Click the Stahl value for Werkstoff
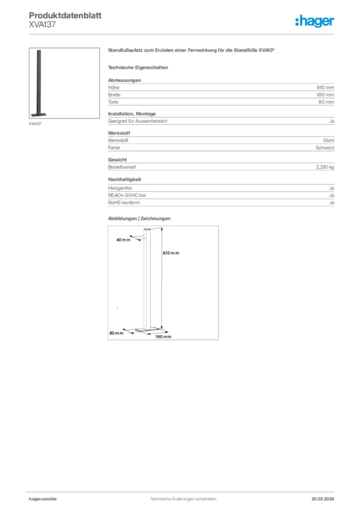pyautogui.click(x=329, y=140)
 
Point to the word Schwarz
pyautogui.click(x=325, y=148)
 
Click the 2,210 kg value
pyautogui.click(x=325, y=167)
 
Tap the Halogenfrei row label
pyautogui.click(x=120, y=188)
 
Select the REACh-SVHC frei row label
pyautogui.click(x=127, y=195)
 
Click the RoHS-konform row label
pyautogui.click(x=124, y=203)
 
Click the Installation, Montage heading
pyautogui.click(x=132, y=114)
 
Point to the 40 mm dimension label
pyautogui.click(x=122, y=240)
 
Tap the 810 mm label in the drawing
pyautogui.click(x=171, y=253)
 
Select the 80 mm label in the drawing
pyautogui.click(x=116, y=333)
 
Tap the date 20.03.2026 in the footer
pyautogui.click(x=323, y=498)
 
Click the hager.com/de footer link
pyautogui.click(x=43, y=498)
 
